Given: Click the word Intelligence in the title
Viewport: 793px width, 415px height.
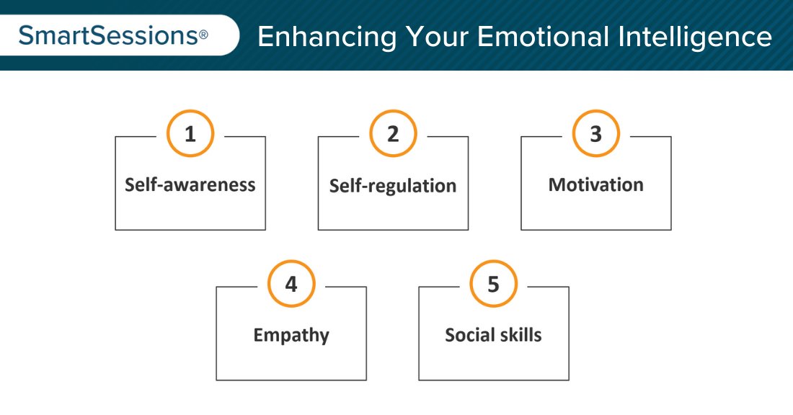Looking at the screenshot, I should click(694, 37).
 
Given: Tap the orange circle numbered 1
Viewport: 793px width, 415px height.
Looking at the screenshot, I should click(190, 135).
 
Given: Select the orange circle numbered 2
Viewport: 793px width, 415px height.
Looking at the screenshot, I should click(393, 135).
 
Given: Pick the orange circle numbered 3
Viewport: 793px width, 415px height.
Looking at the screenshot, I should click(596, 135).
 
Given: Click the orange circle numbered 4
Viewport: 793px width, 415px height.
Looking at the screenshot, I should click(291, 285).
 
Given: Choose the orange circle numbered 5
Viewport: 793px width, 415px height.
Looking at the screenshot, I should click(494, 285).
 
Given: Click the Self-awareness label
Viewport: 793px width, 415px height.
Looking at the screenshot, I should click(190, 184).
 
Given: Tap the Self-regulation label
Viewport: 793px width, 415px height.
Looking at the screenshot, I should click(393, 186).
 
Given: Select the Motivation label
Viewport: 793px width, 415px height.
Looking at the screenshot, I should click(596, 184).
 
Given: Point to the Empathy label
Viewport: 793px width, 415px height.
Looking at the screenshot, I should click(291, 335).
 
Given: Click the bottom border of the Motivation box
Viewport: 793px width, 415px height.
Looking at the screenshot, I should click(596, 230).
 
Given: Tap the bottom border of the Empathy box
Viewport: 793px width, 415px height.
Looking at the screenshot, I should click(291, 380).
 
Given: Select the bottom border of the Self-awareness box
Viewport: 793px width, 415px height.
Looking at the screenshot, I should click(190, 230).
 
